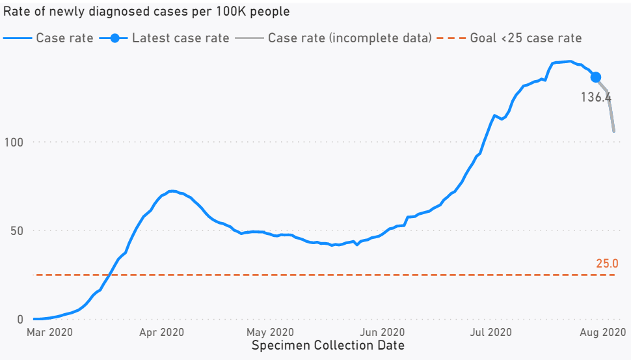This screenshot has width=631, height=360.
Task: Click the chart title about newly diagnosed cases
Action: point(147,12)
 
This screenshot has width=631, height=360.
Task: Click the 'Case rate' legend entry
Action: point(64,38)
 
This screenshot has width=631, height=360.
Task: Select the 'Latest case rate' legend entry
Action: point(180,38)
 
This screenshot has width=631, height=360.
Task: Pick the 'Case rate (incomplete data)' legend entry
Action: point(349,38)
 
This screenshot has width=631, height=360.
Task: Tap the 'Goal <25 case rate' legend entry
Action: point(526,38)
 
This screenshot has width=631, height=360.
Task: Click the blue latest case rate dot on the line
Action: point(595,77)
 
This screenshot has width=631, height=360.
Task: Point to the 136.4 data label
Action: point(596,97)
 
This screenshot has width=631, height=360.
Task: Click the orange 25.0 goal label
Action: point(606,264)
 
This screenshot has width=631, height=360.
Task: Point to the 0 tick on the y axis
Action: point(20,319)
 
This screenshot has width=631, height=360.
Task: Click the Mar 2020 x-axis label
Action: point(49,333)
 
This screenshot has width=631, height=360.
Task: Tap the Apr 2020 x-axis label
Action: point(161,333)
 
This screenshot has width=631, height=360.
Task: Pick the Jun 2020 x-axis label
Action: point(383,333)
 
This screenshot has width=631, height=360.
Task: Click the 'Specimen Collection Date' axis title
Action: point(328,346)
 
